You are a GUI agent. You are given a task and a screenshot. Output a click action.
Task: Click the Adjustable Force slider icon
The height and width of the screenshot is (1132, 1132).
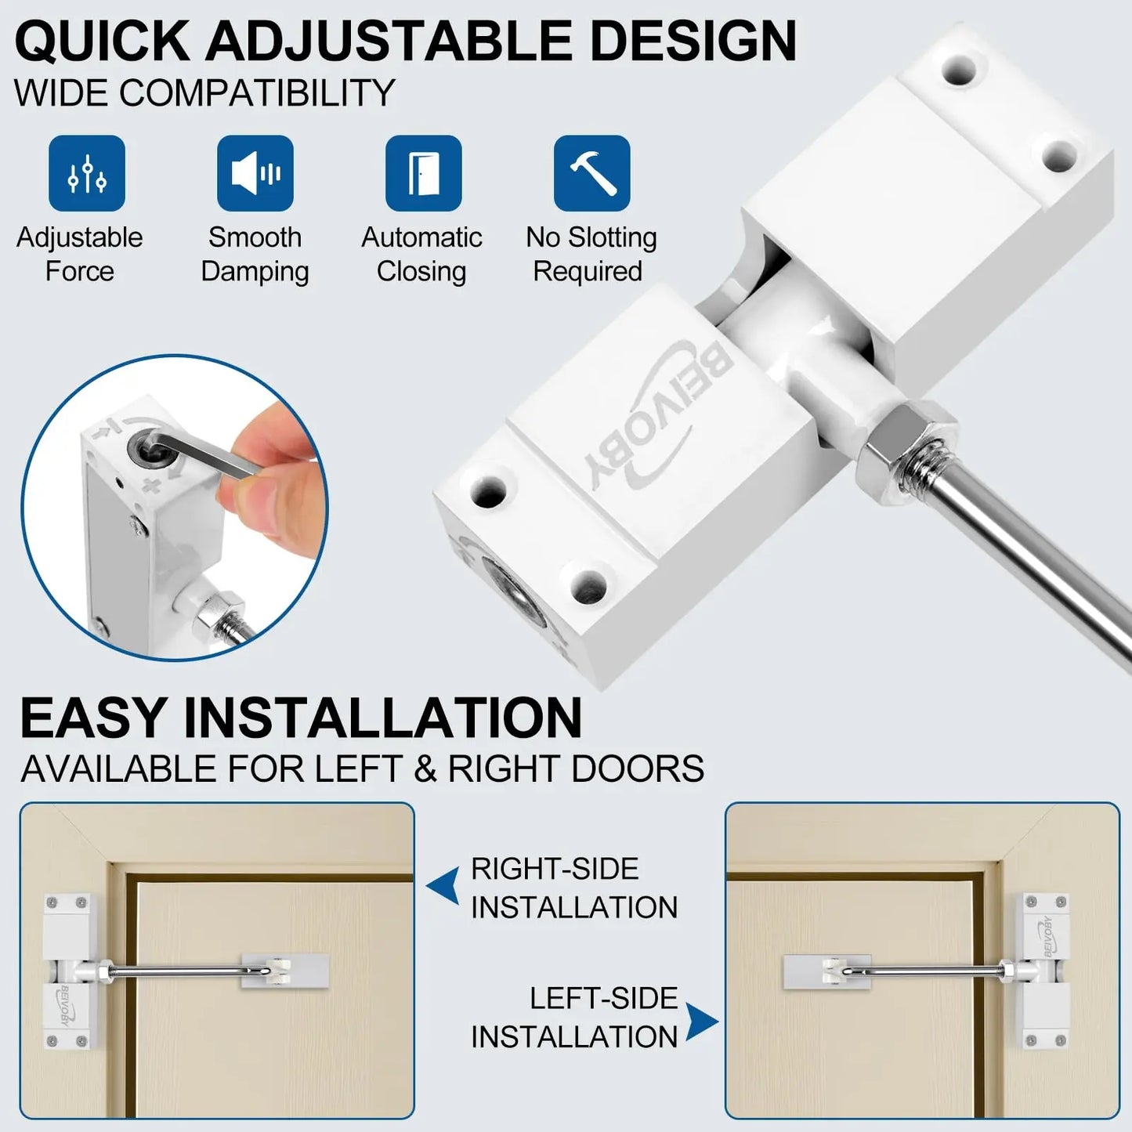(87, 173)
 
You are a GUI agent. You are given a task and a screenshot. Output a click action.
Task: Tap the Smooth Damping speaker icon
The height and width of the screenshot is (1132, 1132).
(255, 173)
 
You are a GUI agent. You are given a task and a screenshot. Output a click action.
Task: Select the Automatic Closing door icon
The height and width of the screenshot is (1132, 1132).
(424, 173)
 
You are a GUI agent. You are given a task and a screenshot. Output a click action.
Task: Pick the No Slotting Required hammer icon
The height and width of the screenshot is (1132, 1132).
(592, 173)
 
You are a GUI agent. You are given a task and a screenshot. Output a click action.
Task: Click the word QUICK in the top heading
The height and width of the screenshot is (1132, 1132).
(103, 41)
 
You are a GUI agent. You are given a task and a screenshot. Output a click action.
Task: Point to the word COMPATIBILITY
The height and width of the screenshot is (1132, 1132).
(258, 92)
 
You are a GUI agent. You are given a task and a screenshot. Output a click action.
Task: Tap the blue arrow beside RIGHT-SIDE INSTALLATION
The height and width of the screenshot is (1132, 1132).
(443, 886)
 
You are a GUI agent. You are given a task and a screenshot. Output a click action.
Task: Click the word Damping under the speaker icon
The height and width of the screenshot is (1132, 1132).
(255, 272)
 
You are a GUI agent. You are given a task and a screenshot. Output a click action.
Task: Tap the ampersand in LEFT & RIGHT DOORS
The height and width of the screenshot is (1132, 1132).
(425, 769)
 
